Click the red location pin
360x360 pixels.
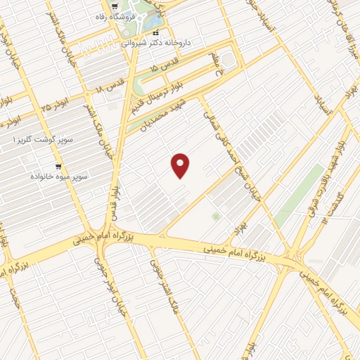[x=181, y=165]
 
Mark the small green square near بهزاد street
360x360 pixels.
[x=215, y=217]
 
